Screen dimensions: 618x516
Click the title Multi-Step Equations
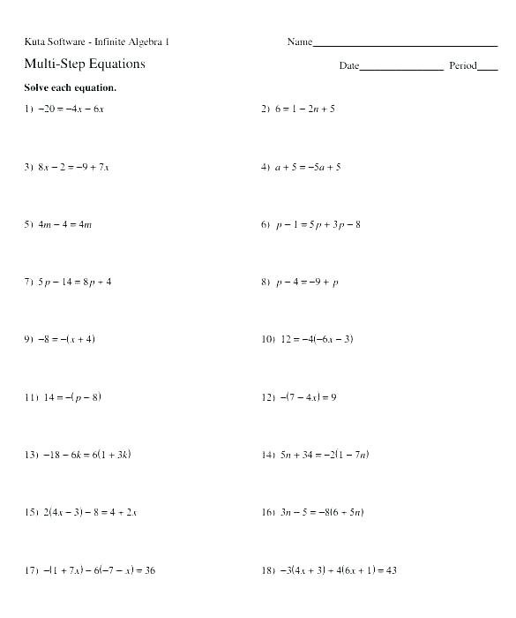click(84, 64)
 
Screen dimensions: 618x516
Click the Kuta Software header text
click(97, 41)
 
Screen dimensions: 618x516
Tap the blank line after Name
click(405, 43)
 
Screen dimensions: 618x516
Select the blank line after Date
click(401, 68)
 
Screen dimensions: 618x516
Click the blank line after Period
click(488, 68)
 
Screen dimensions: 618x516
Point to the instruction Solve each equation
click(70, 88)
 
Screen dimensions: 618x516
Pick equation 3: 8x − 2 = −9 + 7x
click(74, 167)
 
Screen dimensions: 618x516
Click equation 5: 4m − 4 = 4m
click(65, 224)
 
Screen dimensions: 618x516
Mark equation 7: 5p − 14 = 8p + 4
click(75, 283)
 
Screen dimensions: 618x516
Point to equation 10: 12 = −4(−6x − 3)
click(317, 340)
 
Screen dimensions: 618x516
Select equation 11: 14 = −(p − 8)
click(70, 397)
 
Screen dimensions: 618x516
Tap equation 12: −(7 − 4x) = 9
click(308, 397)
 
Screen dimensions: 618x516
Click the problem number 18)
click(268, 570)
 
